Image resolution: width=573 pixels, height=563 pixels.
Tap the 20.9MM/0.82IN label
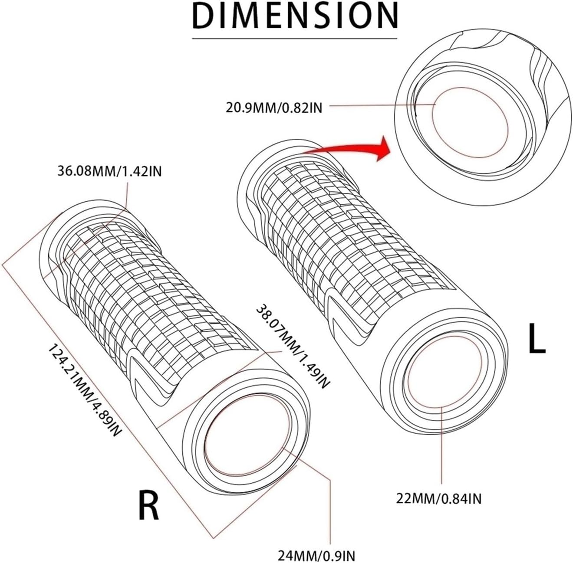274,107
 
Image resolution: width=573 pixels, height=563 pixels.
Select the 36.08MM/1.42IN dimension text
109,171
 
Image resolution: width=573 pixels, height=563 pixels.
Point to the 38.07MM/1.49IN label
293,347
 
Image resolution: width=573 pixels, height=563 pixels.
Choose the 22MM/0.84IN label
439,499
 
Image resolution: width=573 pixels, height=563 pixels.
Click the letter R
149,504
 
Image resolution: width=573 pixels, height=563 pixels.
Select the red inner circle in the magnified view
470,120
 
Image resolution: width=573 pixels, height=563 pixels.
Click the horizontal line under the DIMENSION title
295,39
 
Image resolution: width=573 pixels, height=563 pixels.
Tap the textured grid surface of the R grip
161,286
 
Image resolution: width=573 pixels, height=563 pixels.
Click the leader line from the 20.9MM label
378,105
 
